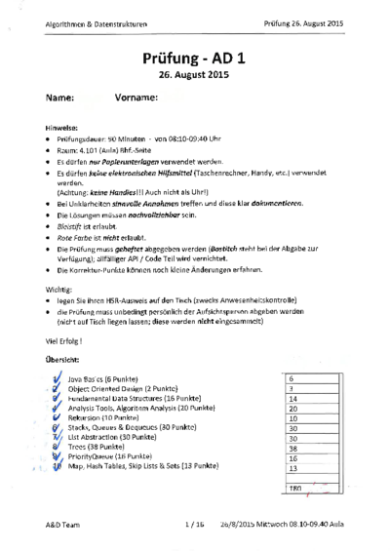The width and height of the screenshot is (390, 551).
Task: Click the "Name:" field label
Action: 59,98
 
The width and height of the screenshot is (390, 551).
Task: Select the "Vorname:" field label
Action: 136,98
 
